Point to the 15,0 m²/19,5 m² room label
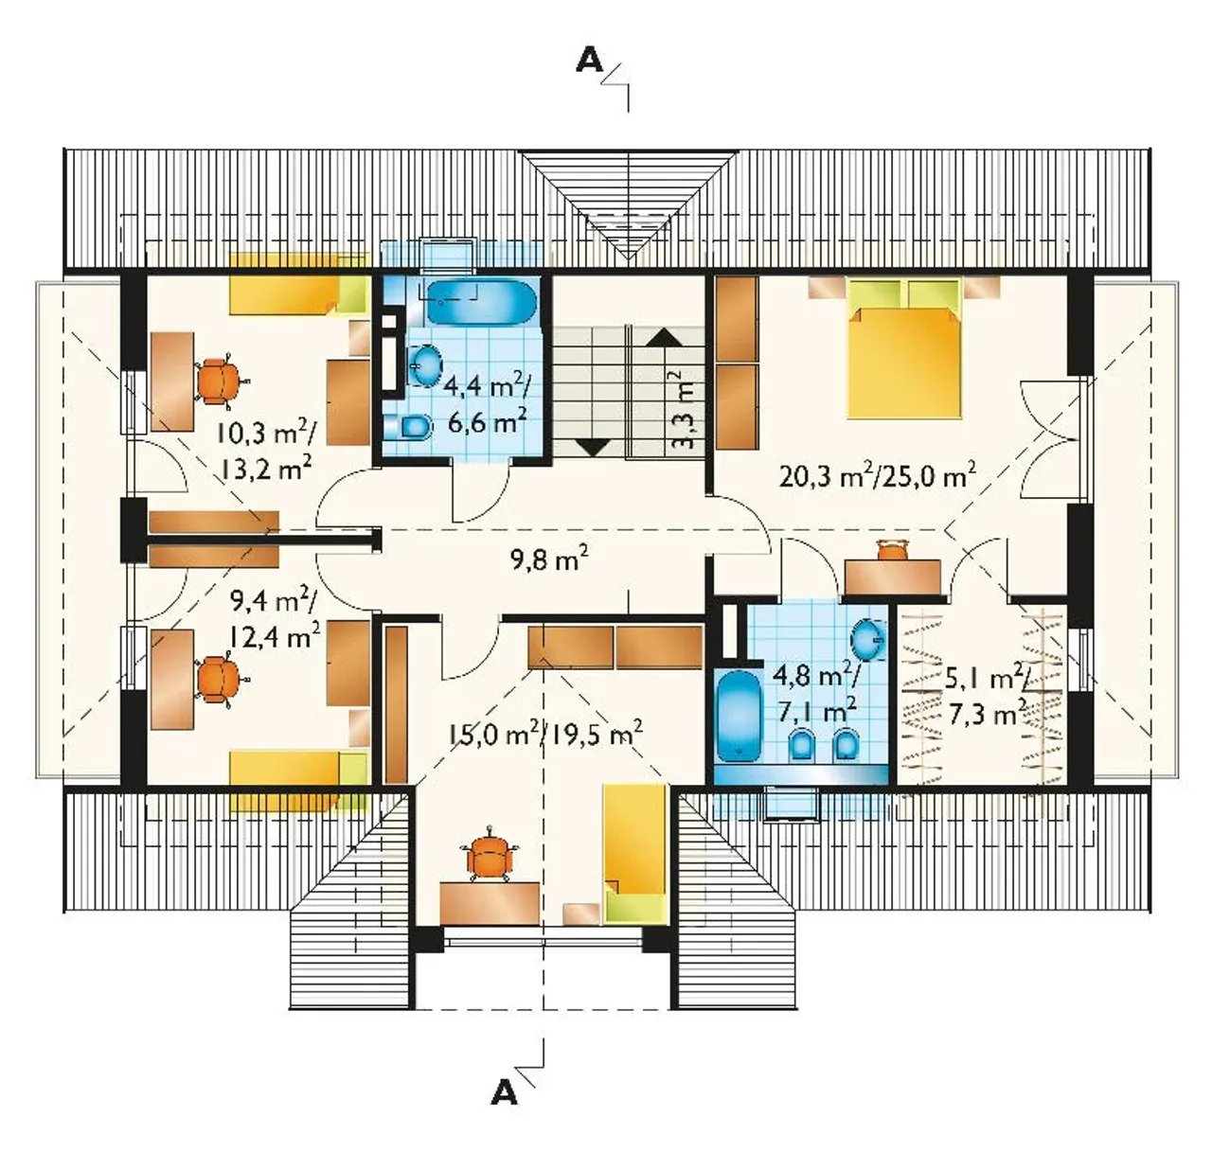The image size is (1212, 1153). point(547,735)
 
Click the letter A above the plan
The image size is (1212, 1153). point(589,61)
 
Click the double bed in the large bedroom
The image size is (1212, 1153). point(903,347)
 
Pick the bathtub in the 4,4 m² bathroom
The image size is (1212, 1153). point(481,302)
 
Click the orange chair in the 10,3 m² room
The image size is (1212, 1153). point(220,382)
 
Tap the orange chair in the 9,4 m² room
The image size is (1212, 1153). point(219,680)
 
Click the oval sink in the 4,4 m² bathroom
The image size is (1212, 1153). point(426,365)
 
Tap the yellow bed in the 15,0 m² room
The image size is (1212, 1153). point(635,853)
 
